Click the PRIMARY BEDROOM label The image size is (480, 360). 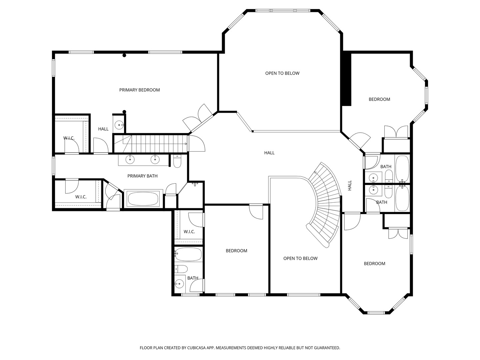tap(140, 90)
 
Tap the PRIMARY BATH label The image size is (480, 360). tap(142, 176)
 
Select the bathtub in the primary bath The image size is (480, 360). tap(143, 199)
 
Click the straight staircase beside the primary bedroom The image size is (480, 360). tap(151, 144)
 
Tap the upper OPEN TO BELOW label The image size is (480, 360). tap(282, 73)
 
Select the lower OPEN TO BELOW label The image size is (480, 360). tap(300, 258)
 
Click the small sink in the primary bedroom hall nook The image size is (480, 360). tap(119, 125)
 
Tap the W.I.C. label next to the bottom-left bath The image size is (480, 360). tap(189, 232)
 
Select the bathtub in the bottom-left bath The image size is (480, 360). tap(188, 254)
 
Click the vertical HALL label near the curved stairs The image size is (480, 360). tap(350, 185)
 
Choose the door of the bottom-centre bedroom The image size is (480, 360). tap(256, 212)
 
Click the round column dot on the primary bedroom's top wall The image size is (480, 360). tap(124, 55)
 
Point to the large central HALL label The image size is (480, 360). tap(269, 153)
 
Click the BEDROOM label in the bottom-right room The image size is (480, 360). tap(374, 264)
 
